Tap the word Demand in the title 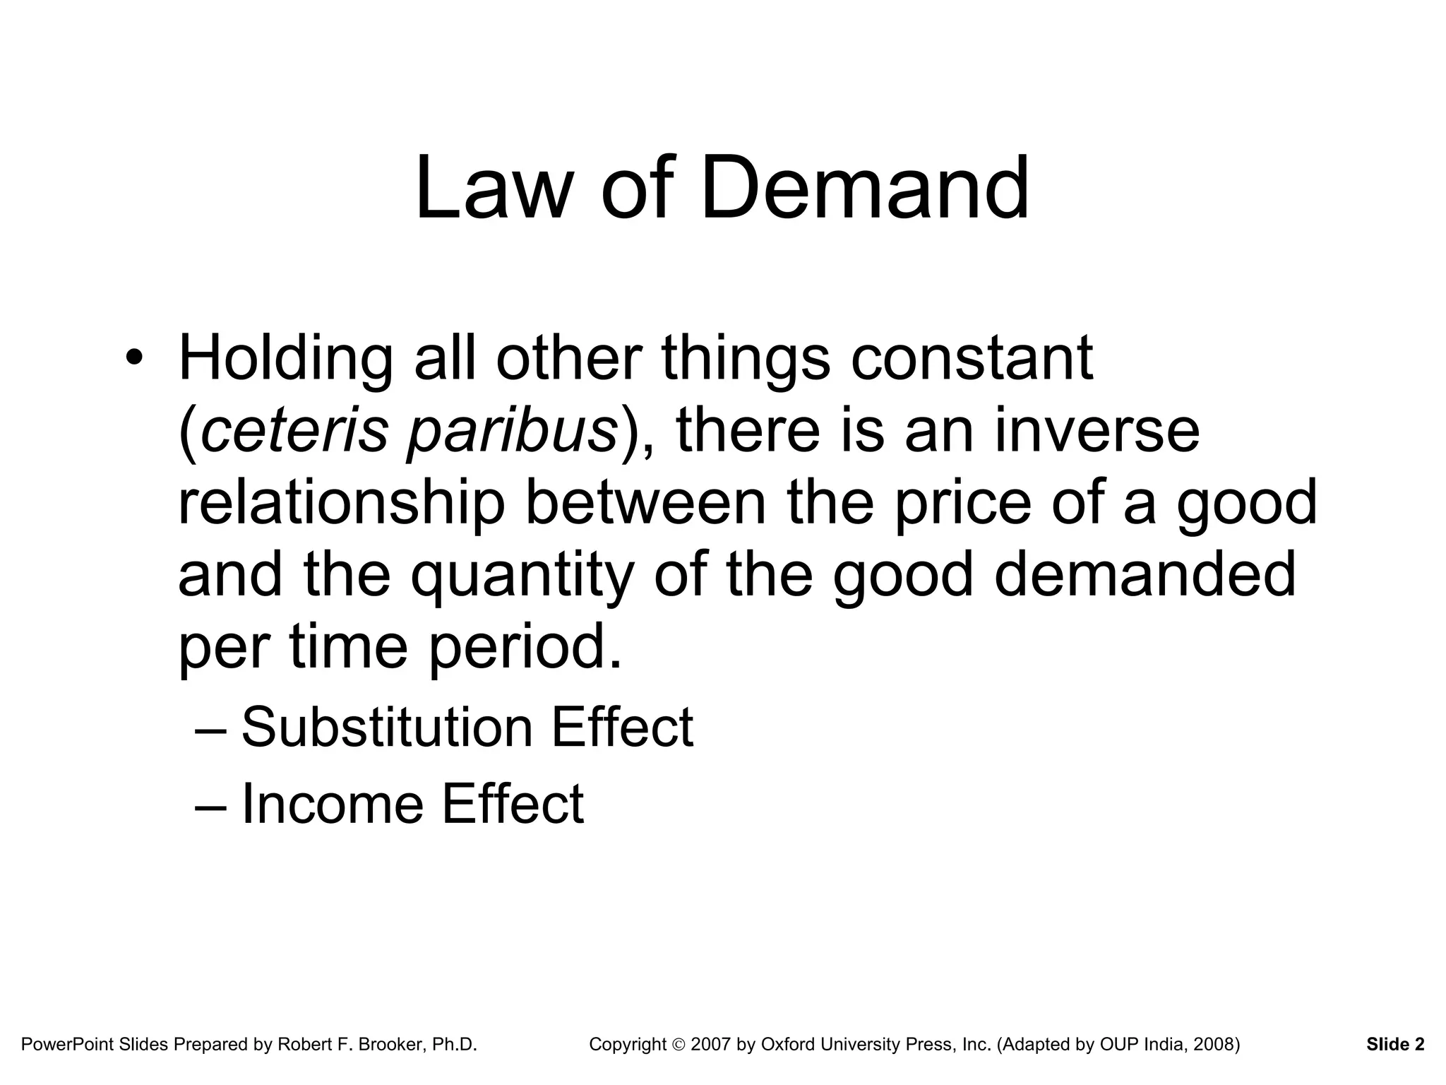pyautogui.click(x=864, y=189)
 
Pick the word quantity pyautogui.click(x=523, y=577)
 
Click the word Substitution pyautogui.click(x=387, y=728)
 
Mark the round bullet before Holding pyautogui.click(x=133, y=360)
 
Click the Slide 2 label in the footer pyautogui.click(x=1395, y=1044)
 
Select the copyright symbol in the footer pyautogui.click(x=679, y=1045)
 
